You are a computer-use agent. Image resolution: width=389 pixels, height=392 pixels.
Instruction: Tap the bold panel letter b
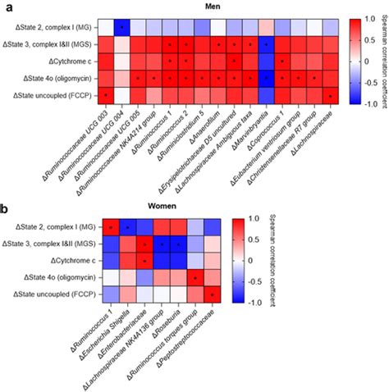[x=6, y=208]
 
